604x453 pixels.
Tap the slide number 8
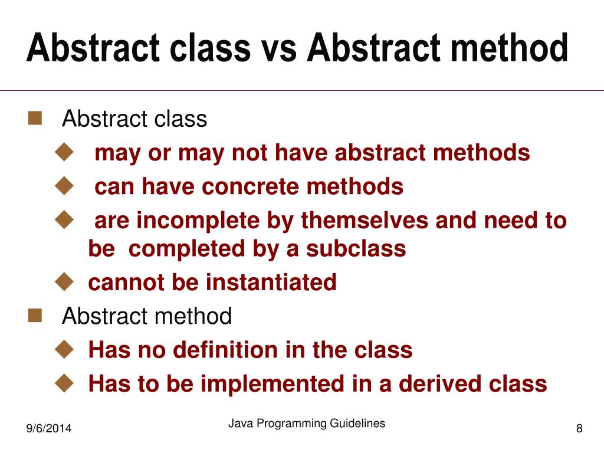579,429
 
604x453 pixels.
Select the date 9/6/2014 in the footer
48,429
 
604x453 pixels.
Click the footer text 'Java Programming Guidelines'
307,423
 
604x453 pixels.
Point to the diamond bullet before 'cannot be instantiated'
63,282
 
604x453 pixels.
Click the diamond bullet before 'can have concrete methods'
63,186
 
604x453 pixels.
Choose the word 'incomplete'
195,221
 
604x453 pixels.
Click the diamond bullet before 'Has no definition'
63,349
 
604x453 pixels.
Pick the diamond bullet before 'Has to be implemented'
63,383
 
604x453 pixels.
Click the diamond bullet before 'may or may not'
63,152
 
